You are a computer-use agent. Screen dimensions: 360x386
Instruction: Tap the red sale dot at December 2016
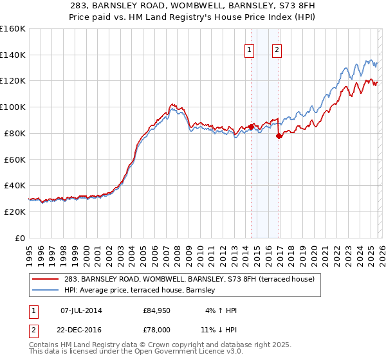point(279,136)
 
